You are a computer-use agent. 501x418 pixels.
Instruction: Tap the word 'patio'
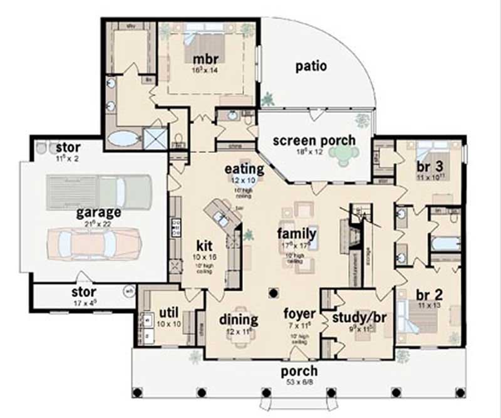tap(311, 66)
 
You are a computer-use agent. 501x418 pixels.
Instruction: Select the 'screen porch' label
tap(314, 140)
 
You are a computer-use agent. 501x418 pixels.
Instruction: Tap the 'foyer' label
tap(299, 313)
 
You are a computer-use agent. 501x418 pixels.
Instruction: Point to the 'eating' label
tap(245, 169)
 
